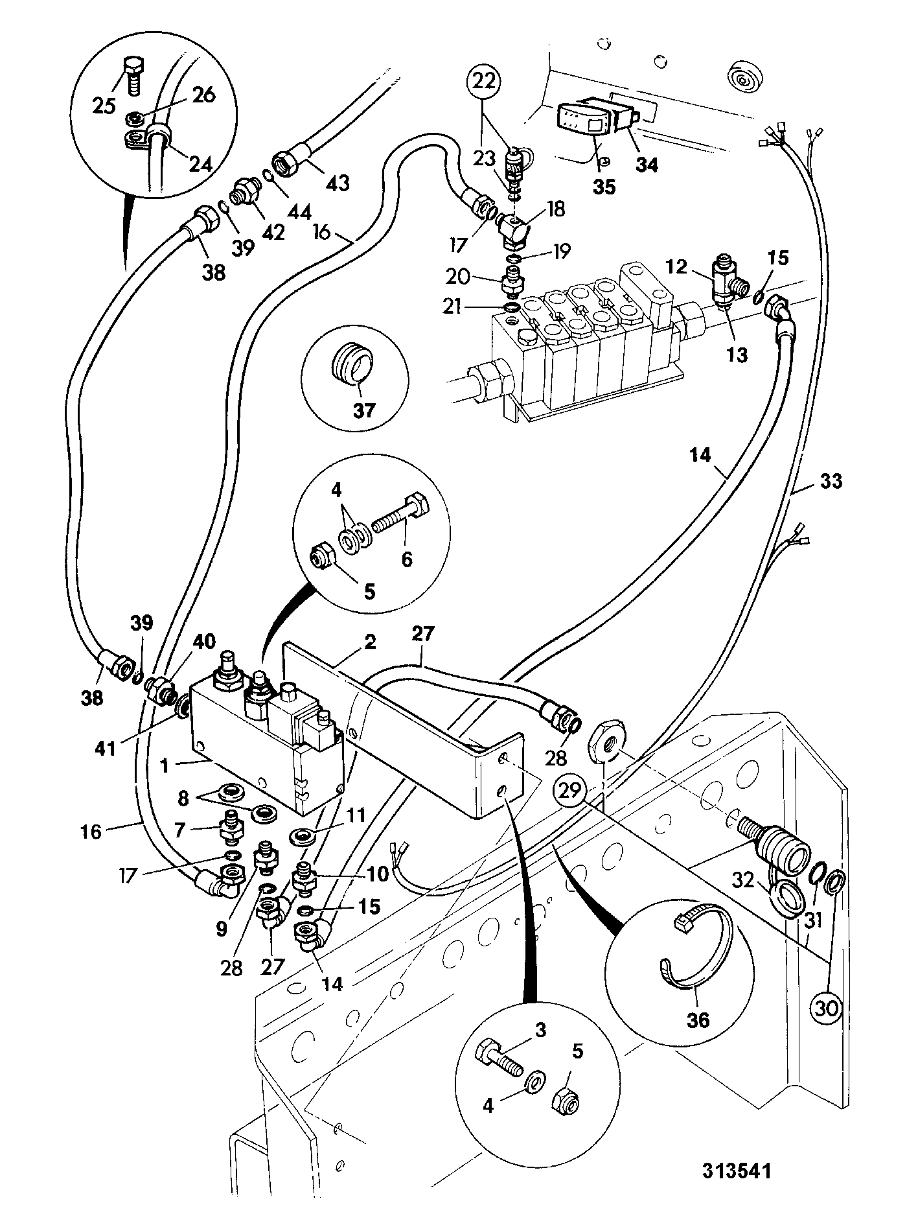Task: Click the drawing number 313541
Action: pyautogui.click(x=737, y=1190)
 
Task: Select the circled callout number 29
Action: pyautogui.click(x=570, y=791)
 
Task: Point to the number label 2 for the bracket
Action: pyautogui.click(x=369, y=642)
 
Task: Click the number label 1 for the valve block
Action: pyautogui.click(x=165, y=765)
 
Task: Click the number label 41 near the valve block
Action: pyautogui.click(x=105, y=749)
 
